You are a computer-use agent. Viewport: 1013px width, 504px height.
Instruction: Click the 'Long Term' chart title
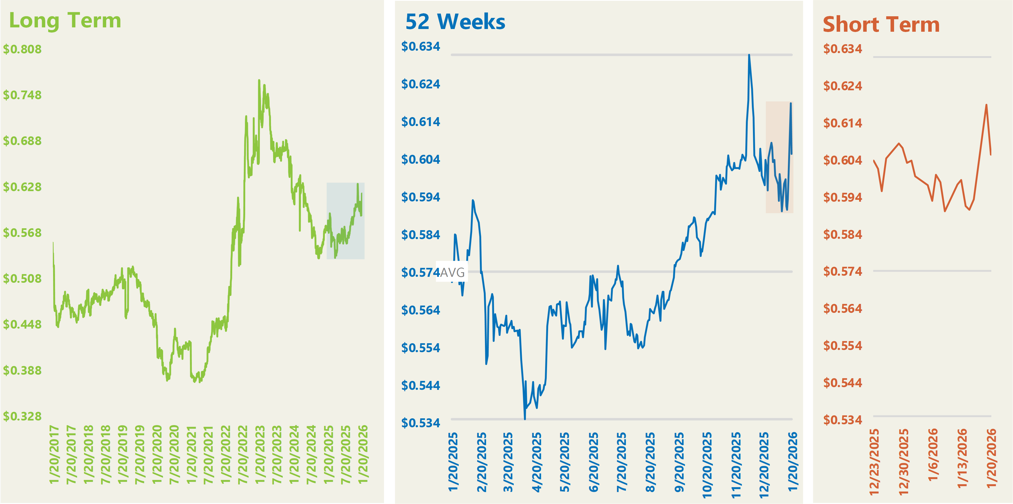coord(65,20)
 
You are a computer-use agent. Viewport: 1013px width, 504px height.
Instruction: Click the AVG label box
coord(452,272)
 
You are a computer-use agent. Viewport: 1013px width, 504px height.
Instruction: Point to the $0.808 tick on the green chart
coord(22,49)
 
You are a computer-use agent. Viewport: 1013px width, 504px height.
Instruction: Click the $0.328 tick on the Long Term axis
coord(22,416)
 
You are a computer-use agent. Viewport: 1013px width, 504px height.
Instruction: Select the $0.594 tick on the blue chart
coord(420,197)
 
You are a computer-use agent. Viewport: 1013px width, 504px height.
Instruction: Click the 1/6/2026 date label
coord(933,455)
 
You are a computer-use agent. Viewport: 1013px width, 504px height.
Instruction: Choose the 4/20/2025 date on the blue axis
coord(536,462)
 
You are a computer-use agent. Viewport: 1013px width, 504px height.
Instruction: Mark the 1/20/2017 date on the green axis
coord(54,454)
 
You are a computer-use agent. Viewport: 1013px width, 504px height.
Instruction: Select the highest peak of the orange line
coord(986,105)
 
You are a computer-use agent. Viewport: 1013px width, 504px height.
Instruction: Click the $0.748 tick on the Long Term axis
coord(22,95)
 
